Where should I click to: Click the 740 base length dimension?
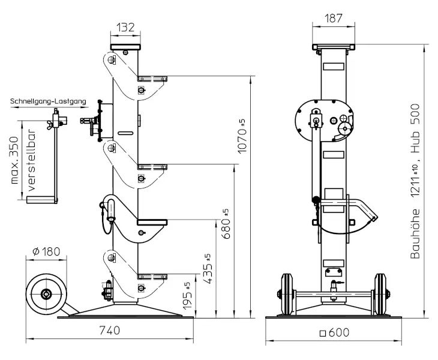click(x=112, y=330)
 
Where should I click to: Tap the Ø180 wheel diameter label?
click(x=47, y=251)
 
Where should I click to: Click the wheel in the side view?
click(x=46, y=294)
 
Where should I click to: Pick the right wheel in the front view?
click(x=380, y=294)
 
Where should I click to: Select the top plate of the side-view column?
click(x=125, y=47)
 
